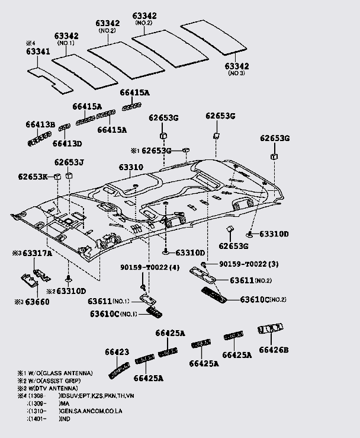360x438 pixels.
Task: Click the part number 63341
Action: pyautogui.click(x=37, y=52)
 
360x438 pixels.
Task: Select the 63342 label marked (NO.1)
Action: pyautogui.click(x=67, y=37)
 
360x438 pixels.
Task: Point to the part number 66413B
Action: pyautogui.click(x=40, y=124)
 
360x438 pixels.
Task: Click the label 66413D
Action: pyautogui.click(x=67, y=143)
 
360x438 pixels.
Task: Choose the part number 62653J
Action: pyautogui.click(x=69, y=162)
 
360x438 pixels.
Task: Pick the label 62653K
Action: pyautogui.click(x=33, y=177)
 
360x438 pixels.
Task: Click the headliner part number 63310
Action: pyautogui.click(x=130, y=168)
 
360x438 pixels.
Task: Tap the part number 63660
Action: pyautogui.click(x=36, y=302)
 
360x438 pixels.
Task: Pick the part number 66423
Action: pyautogui.click(x=117, y=353)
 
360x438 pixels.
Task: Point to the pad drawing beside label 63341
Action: pyautogui.click(x=50, y=81)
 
